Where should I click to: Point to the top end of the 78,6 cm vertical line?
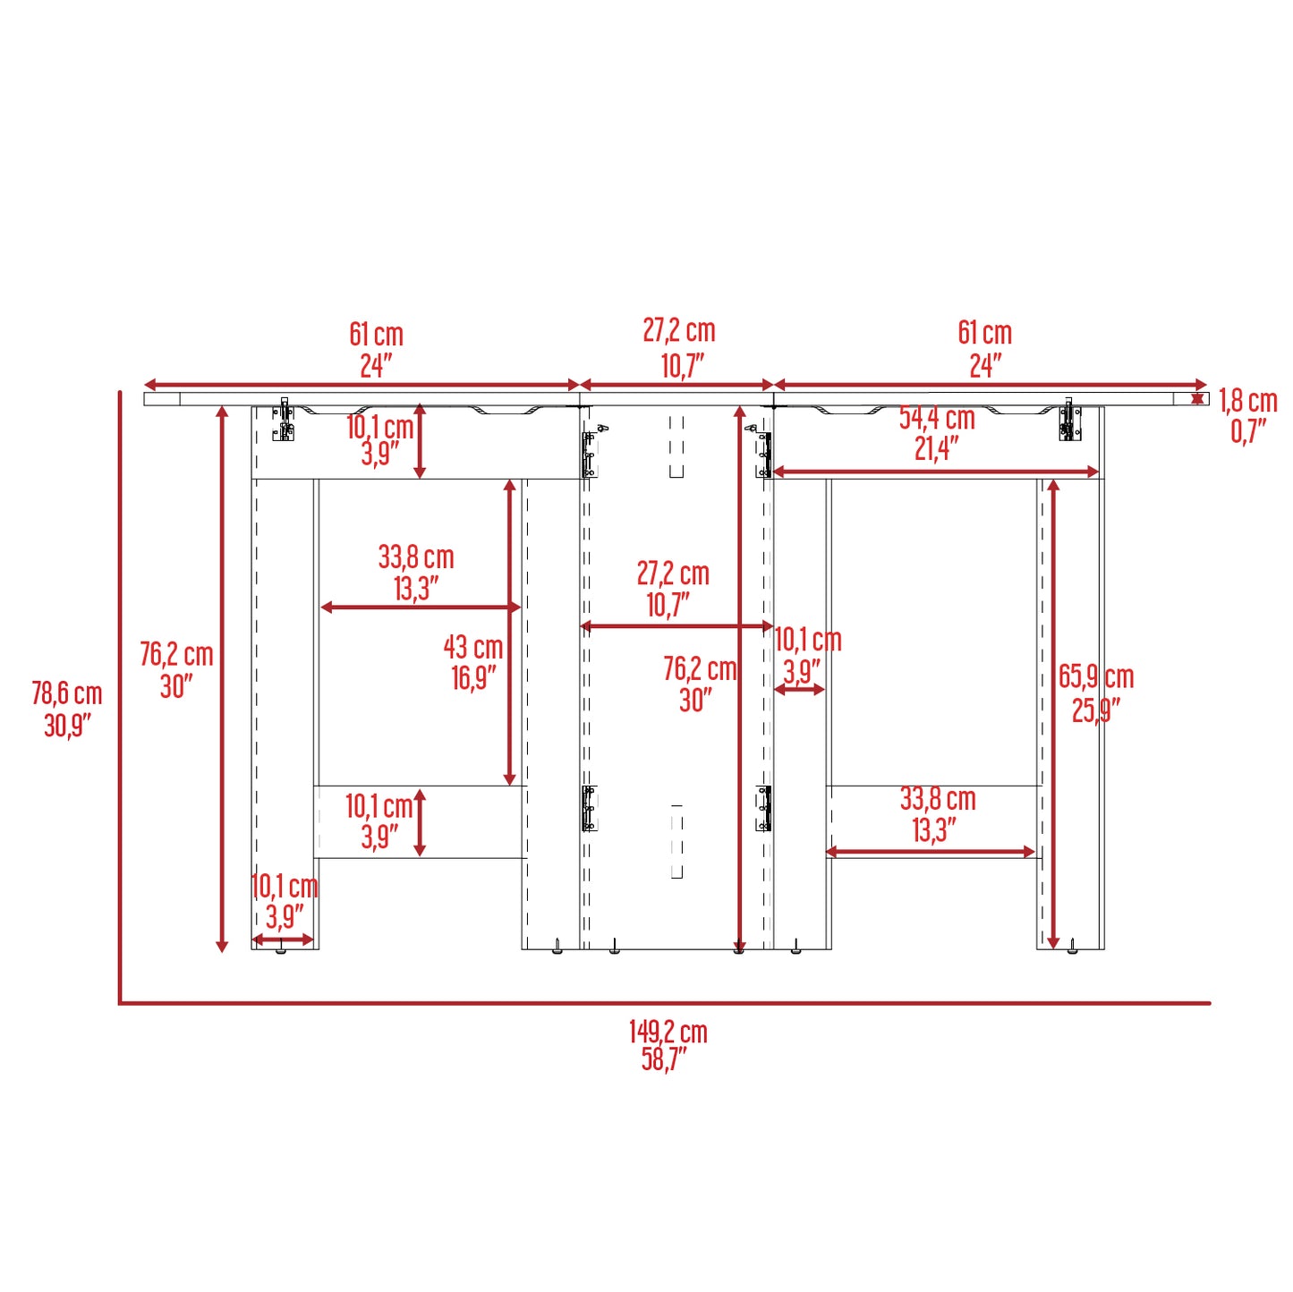coord(119,391)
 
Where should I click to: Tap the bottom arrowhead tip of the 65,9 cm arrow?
coord(1053,948)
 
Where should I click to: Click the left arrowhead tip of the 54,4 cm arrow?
coord(774,472)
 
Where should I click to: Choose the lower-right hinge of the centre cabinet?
coord(763,809)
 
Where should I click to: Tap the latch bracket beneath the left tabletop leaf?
coord(284,421)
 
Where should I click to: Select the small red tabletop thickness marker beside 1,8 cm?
coord(1197,399)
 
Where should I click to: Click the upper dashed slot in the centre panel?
coord(676,447)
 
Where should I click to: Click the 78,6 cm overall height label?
coord(66,709)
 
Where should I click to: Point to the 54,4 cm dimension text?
coord(937,419)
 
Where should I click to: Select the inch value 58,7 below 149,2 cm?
coord(665,1059)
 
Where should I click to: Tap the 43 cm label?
coord(473,648)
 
